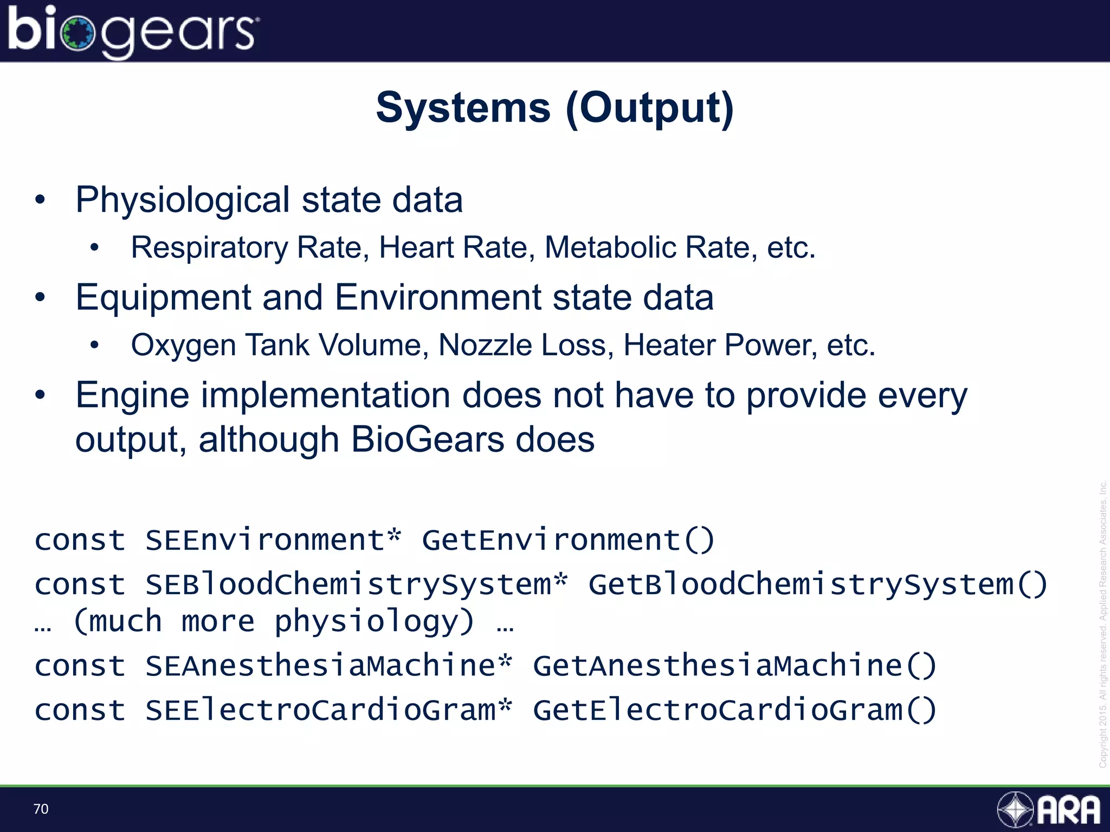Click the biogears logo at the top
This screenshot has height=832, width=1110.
coord(133,31)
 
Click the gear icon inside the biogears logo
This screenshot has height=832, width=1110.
coord(78,34)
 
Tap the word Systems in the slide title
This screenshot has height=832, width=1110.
coord(463,108)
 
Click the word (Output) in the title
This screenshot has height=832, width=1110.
coord(649,108)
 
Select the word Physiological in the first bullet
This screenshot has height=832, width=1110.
coord(183,200)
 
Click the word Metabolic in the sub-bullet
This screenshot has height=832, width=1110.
coord(610,248)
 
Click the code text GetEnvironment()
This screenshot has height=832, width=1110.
coord(568,540)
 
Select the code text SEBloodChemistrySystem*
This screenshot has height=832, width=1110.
coord(356,585)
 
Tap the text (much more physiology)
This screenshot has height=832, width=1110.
coord(274,621)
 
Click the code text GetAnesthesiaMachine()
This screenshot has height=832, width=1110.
coord(734,666)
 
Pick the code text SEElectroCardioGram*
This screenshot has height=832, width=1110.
coord(328,710)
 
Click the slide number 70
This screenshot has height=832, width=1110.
coord(41,809)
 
